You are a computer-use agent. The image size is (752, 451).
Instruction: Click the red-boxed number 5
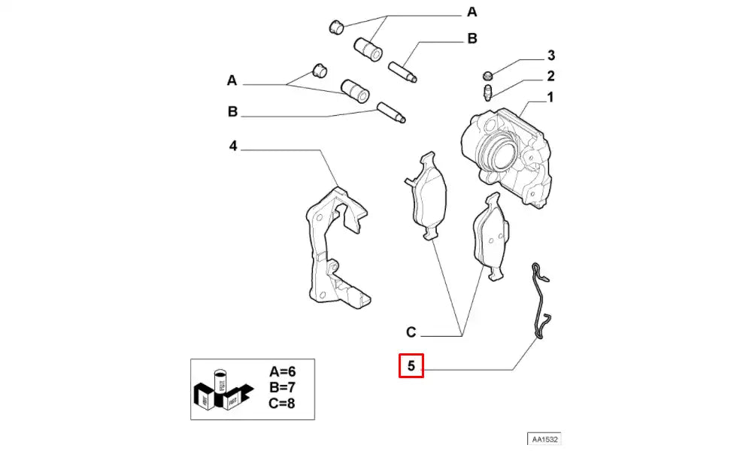click(x=411, y=367)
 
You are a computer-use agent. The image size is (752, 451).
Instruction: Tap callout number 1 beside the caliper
click(x=550, y=97)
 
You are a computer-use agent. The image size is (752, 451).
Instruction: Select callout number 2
click(x=550, y=76)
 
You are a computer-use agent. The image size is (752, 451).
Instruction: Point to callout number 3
click(x=550, y=55)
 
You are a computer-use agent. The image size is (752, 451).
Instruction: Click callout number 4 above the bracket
click(x=233, y=146)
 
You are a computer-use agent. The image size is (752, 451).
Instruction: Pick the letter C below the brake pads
click(x=411, y=331)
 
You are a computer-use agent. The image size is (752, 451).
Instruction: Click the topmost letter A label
click(x=472, y=12)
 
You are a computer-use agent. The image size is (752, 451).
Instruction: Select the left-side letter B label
click(x=232, y=112)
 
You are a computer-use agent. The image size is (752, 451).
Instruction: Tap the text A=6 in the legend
click(x=282, y=371)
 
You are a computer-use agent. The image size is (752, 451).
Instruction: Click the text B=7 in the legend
click(x=282, y=386)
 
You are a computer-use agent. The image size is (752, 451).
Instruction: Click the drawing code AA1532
click(x=546, y=438)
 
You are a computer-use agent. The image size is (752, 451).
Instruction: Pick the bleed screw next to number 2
click(x=487, y=94)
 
